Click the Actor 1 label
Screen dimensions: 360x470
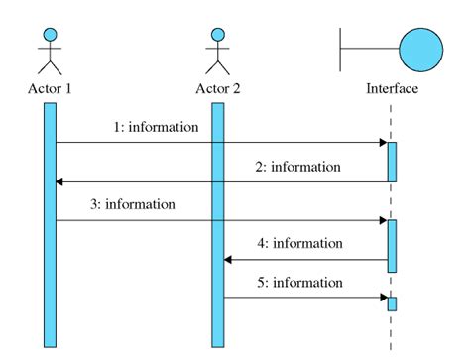point(50,88)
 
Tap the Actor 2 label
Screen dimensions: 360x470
point(217,88)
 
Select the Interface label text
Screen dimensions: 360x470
point(392,88)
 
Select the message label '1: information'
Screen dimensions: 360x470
point(156,127)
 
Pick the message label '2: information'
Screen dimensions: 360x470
point(298,167)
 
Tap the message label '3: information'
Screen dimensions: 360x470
point(133,205)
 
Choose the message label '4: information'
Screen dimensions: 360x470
point(300,243)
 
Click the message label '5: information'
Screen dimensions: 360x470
point(300,282)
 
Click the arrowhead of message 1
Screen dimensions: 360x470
point(382,143)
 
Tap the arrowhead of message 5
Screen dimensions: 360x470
point(382,297)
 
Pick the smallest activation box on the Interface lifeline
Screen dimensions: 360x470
point(392,303)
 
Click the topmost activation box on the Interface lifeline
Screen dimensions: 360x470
point(392,162)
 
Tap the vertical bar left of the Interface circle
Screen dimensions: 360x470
point(341,46)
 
